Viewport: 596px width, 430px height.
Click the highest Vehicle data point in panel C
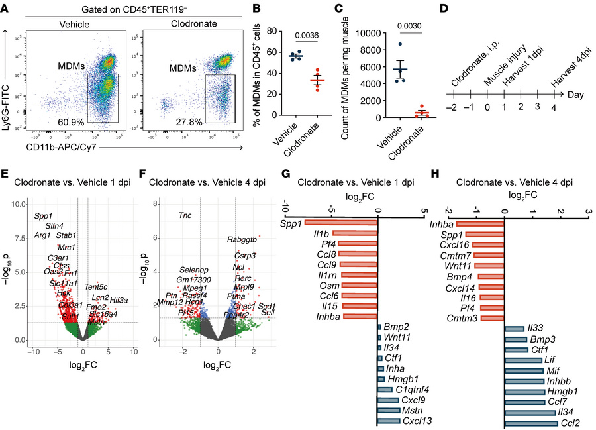pos(400,44)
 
